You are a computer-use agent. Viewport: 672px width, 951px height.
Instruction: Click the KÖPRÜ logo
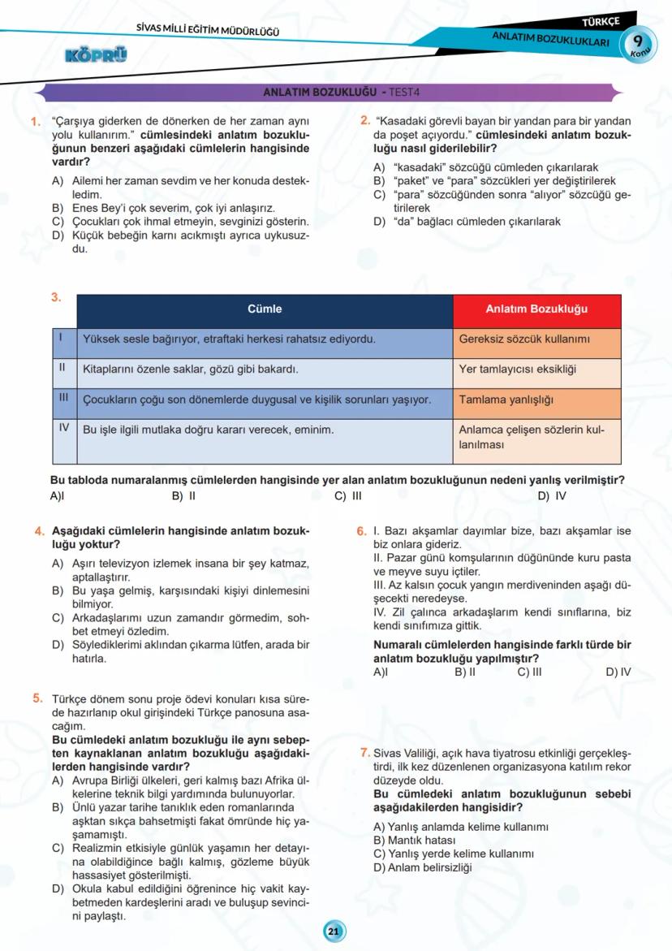click(95, 56)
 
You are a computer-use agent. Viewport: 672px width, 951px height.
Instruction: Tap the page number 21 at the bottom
click(333, 932)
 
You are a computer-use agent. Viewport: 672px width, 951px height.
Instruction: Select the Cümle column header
click(265, 309)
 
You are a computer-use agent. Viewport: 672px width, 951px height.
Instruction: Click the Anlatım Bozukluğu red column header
click(536, 309)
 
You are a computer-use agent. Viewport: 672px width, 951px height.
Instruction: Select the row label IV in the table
click(64, 427)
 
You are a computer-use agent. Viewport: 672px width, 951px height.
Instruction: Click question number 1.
click(36, 123)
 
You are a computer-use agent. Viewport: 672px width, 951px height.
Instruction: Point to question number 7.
click(364, 753)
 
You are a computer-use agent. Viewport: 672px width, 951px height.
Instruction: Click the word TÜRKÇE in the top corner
click(601, 20)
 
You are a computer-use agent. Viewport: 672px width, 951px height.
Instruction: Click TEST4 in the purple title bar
click(410, 93)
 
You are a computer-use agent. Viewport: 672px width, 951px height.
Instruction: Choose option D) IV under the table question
click(552, 495)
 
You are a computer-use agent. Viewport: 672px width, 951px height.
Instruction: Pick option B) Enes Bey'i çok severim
click(162, 209)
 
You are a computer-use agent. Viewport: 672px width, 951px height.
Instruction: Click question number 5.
click(38, 698)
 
